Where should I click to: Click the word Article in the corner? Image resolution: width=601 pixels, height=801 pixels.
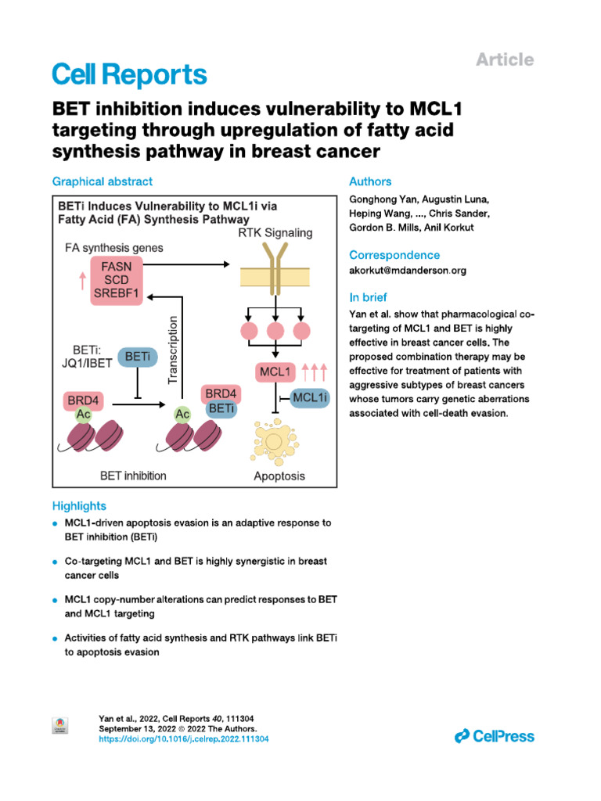[x=506, y=59]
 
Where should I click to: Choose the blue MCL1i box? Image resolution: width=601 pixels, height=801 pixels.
[x=310, y=399]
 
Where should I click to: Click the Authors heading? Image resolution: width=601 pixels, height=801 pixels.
[x=370, y=181]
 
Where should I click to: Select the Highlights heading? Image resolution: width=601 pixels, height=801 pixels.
[x=79, y=506]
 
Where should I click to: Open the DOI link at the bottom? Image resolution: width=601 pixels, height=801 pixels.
[x=184, y=739]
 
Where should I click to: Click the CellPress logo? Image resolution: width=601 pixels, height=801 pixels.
[x=495, y=735]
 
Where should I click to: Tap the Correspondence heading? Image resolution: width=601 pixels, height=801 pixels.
[x=394, y=255]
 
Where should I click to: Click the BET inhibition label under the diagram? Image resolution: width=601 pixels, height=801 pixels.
[x=133, y=475]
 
